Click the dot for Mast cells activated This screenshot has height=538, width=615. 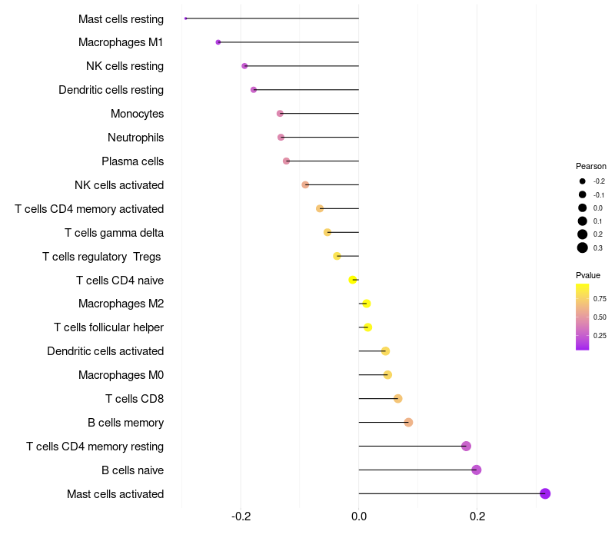click(x=545, y=493)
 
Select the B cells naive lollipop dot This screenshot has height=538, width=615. click(x=477, y=470)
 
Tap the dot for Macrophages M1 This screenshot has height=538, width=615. click(x=218, y=42)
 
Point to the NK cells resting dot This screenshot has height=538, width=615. click(x=244, y=66)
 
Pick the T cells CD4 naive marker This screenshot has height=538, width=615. click(x=353, y=280)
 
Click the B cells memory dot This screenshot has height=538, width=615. click(x=408, y=422)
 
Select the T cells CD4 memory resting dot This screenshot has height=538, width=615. click(x=466, y=446)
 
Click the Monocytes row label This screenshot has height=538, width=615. click(x=137, y=114)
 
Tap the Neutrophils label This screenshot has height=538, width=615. click(x=135, y=138)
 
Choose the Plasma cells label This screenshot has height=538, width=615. click(x=132, y=161)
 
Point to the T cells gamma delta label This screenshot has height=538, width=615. click(x=114, y=233)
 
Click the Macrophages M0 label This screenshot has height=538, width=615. click(x=121, y=375)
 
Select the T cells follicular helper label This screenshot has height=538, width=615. click(x=108, y=327)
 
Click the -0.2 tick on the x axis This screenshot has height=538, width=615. click(x=241, y=516)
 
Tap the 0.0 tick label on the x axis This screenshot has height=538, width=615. click(x=359, y=516)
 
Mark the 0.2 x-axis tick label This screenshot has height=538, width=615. click(x=477, y=516)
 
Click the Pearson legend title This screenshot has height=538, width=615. click(x=590, y=166)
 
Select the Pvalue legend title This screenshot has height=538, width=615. click(x=588, y=275)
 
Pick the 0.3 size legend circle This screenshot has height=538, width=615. click(x=583, y=247)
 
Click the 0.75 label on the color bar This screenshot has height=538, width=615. click(x=600, y=298)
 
